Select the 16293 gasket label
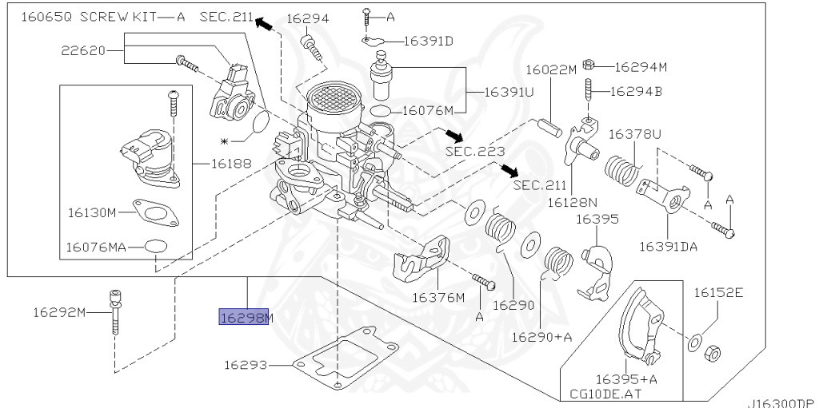click(246, 365)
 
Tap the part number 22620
click(83, 50)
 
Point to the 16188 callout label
click(231, 164)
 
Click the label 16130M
click(92, 213)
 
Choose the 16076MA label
click(96, 247)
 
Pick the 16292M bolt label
click(59, 312)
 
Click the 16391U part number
click(509, 93)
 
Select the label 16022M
click(551, 69)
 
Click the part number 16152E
click(718, 293)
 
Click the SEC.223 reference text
click(475, 152)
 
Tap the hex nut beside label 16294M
click(588, 64)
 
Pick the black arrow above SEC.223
click(453, 135)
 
